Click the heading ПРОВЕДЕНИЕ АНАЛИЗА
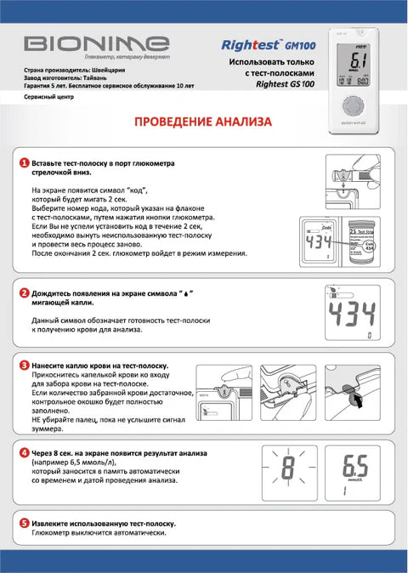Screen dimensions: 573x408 [203, 122]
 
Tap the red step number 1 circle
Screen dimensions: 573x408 [25, 162]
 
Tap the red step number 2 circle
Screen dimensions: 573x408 [25, 293]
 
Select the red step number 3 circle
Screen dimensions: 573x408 [25, 365]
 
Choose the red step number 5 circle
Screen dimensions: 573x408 [25, 523]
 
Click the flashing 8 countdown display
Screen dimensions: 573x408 [288, 468]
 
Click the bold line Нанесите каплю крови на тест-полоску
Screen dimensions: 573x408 [99, 365]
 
